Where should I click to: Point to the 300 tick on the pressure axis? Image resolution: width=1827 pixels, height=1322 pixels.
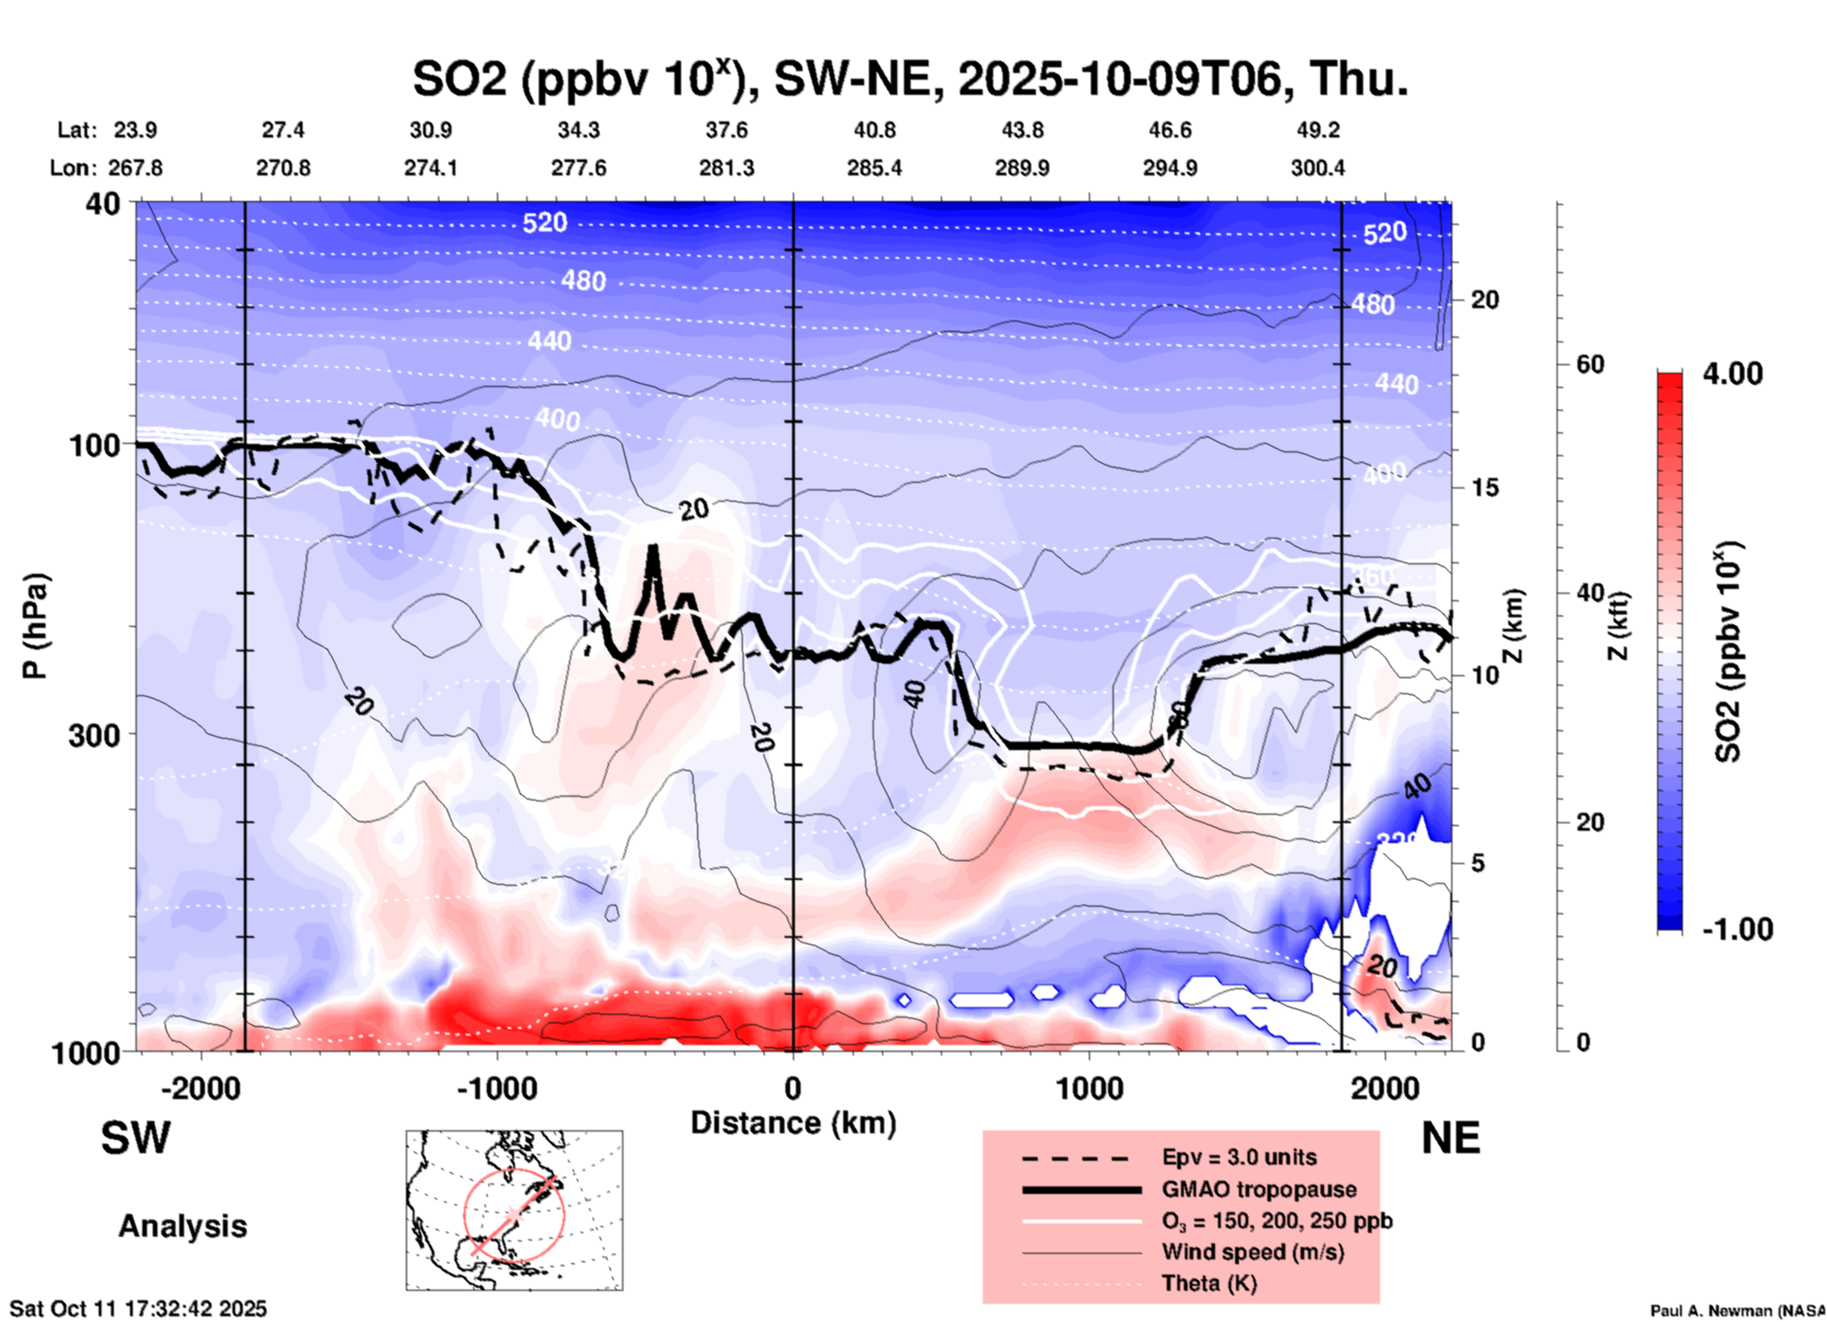[x=94, y=735]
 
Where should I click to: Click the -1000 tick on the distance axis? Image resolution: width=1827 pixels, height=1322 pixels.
[x=497, y=1089]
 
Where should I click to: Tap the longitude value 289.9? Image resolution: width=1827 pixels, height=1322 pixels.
[x=1022, y=168]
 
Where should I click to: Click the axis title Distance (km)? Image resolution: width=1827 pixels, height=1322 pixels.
[x=793, y=1123]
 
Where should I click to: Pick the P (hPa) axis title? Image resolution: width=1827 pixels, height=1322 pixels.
[x=35, y=626]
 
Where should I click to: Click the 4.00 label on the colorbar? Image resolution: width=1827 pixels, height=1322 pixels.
[x=1732, y=374]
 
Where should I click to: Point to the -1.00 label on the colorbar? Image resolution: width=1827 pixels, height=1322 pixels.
[x=1737, y=929]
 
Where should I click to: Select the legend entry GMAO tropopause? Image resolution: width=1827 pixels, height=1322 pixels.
[x=1259, y=1189]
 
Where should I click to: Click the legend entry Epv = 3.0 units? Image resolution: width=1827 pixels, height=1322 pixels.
[x=1239, y=1158]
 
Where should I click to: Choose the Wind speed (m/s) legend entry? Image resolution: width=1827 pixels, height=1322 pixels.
[x=1252, y=1252]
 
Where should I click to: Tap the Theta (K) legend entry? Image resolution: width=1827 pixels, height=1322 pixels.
[x=1209, y=1283]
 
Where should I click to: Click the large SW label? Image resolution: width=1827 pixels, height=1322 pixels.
[x=136, y=1138]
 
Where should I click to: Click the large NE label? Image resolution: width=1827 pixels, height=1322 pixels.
[x=1450, y=1138]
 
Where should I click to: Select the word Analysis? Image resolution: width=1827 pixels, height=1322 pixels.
[x=182, y=1226]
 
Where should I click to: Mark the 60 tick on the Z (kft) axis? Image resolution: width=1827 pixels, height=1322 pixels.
[x=1590, y=364]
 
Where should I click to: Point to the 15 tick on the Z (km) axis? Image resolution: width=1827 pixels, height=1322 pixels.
[x=1484, y=487]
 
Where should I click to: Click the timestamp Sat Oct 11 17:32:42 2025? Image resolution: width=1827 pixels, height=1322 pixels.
[x=138, y=1309]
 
